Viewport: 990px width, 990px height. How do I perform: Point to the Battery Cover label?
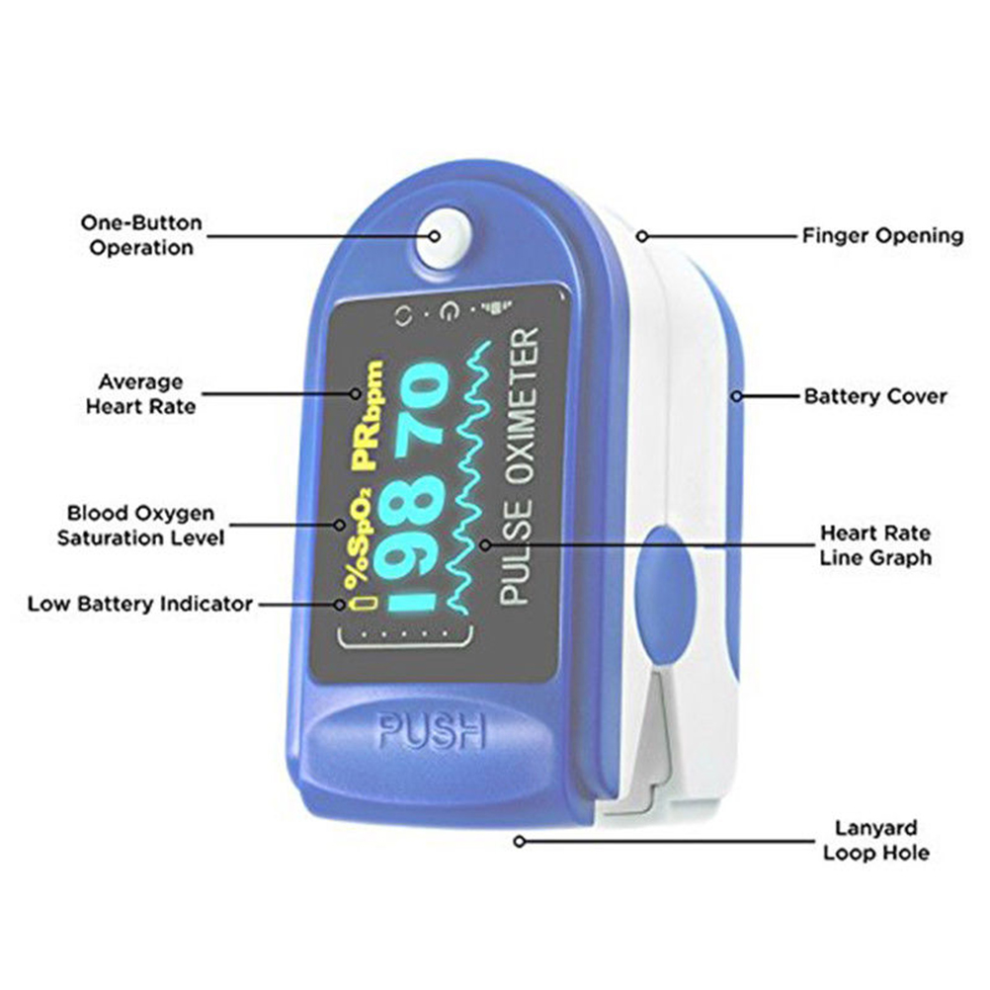coord(874,396)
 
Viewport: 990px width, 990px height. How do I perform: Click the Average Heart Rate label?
coord(139,393)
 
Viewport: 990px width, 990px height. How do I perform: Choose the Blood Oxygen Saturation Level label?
coord(140,526)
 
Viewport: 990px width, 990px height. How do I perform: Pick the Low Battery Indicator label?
coord(139,603)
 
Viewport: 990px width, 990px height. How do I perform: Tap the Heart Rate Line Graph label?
coord(874,544)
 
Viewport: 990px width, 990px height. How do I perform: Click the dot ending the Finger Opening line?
coord(641,236)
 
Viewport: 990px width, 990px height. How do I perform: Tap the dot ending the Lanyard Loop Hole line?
coord(518,841)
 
